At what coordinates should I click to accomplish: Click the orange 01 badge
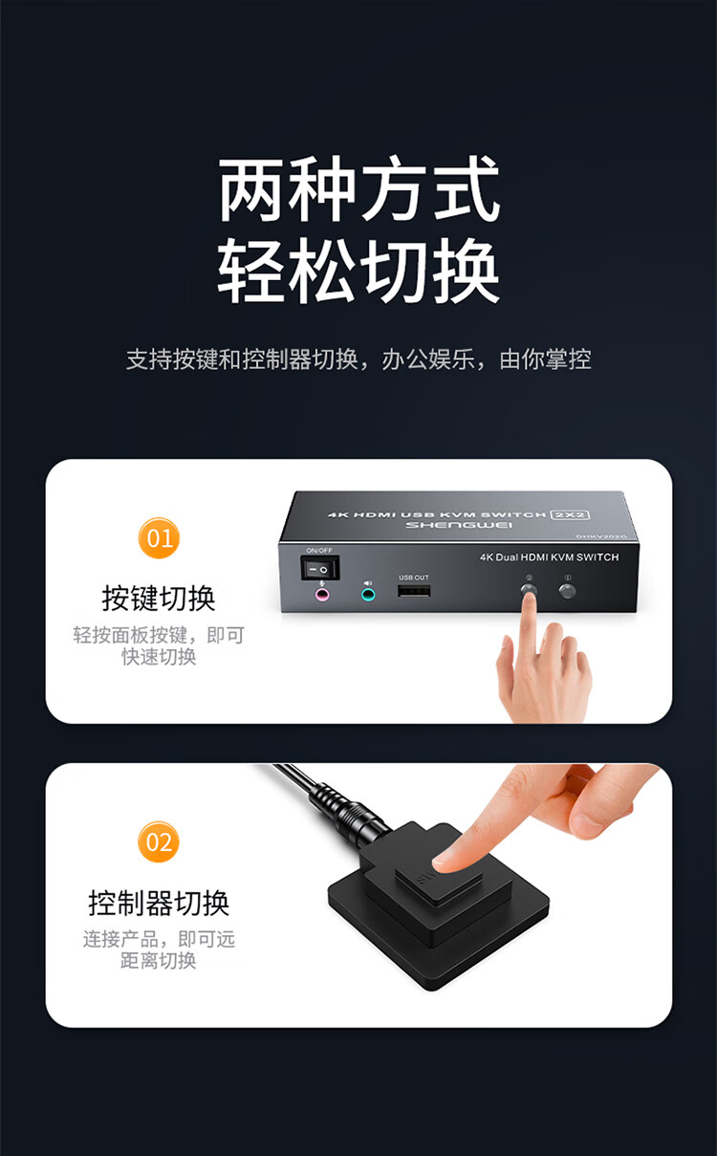point(159,537)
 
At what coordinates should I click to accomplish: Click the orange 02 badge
point(159,842)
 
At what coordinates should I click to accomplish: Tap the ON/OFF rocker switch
point(320,569)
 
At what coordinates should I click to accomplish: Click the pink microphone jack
point(322,595)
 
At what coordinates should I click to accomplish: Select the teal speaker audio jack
point(368,595)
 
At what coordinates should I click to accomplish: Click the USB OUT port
point(414,591)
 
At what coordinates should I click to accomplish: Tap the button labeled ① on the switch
point(568,591)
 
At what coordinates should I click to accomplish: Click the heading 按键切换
point(159,599)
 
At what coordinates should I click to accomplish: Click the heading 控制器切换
point(159,904)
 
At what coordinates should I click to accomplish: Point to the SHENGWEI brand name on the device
point(459,525)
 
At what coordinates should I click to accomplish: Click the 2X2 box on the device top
point(570,514)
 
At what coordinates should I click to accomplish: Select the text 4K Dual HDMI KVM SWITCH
point(550,557)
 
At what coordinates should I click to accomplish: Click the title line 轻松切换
point(358,270)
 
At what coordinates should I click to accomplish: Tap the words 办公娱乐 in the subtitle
point(428,360)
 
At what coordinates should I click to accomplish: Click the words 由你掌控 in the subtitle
point(545,360)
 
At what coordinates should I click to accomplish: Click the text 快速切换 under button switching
point(159,657)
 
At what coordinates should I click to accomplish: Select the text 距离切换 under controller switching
point(159,961)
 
